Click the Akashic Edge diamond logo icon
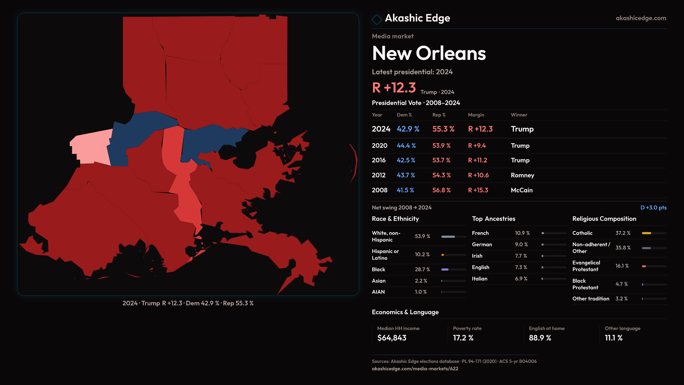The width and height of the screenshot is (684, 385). tap(377, 19)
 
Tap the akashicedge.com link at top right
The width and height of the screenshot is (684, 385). tap(641, 18)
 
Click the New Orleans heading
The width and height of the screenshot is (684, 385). tap(429, 53)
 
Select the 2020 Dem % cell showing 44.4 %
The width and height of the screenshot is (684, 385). tap(406, 146)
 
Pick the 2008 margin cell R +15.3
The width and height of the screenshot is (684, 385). tap(478, 190)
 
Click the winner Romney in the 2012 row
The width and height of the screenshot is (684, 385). tap(522, 175)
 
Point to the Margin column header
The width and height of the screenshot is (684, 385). tap(476, 115)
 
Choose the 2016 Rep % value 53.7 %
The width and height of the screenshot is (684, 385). tap(441, 160)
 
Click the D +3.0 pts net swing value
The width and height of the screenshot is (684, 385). tap(653, 208)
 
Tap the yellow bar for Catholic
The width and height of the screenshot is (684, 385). tap(646, 233)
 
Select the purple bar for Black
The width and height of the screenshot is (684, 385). tap(445, 269)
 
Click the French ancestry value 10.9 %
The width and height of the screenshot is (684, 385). tap(522, 233)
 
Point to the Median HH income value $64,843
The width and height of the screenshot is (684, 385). tap(392, 338)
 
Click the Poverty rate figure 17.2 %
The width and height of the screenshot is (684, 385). tap(463, 338)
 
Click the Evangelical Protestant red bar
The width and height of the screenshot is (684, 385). tap(644, 266)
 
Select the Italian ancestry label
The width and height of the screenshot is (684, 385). tap(480, 279)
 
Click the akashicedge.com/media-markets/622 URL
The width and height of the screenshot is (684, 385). tap(415, 369)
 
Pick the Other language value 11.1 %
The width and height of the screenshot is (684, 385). tap(613, 338)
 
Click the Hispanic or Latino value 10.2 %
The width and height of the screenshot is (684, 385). tap(422, 255)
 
